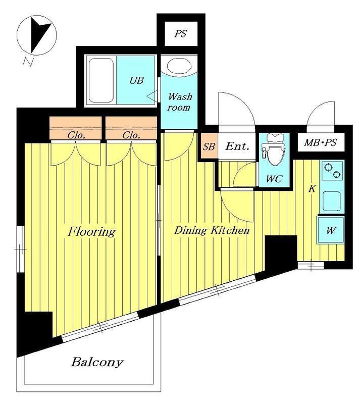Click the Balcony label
click(x=97, y=362)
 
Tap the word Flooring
click(x=91, y=231)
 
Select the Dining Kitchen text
click(x=212, y=230)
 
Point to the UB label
click(x=136, y=80)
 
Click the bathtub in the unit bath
click(x=101, y=80)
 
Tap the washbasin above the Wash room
click(x=179, y=66)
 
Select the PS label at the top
click(x=180, y=34)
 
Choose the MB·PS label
click(x=321, y=142)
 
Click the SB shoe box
click(x=209, y=146)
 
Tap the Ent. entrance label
click(x=237, y=146)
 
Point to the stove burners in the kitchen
click(x=332, y=171)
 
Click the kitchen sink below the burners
click(x=332, y=201)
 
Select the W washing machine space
click(x=331, y=230)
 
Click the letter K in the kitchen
click(x=312, y=188)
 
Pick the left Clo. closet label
click(x=76, y=135)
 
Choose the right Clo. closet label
click(x=131, y=135)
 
